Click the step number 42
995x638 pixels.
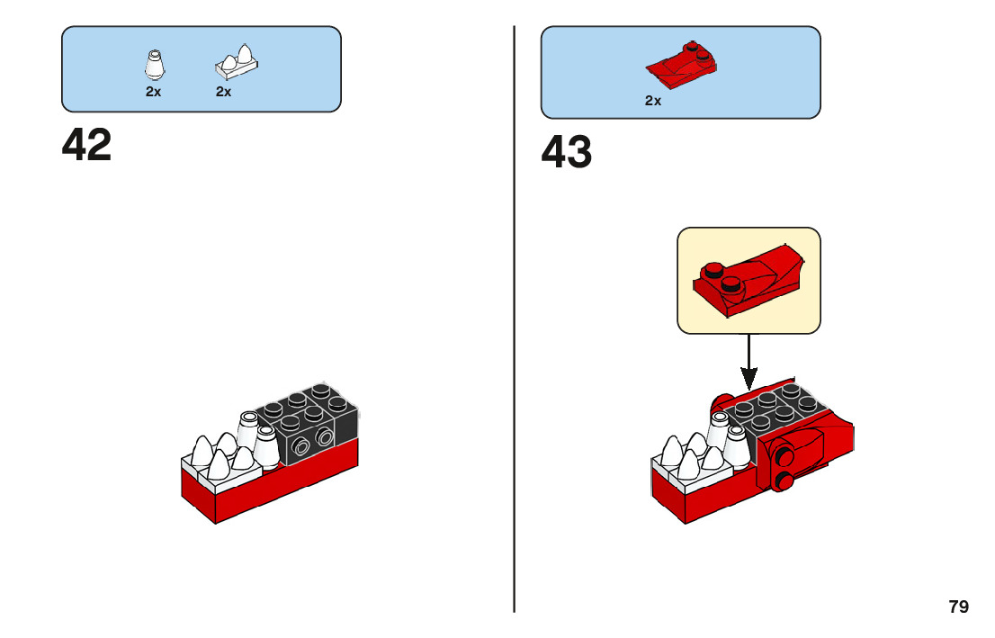pos(87,145)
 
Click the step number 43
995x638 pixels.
pos(567,153)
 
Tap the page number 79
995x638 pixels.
pos(958,607)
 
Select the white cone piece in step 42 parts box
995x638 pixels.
pos(154,65)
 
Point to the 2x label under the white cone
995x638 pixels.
pos(154,92)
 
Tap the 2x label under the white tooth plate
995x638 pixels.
pos(223,92)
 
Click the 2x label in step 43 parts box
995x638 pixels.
pos(653,101)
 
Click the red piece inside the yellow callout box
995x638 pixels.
pos(747,280)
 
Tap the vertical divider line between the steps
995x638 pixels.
pos(515,315)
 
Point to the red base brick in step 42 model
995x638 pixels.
pos(270,486)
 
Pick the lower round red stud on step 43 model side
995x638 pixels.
pos(784,481)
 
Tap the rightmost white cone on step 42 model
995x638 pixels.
pos(266,445)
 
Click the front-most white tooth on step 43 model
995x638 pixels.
pos(688,465)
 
